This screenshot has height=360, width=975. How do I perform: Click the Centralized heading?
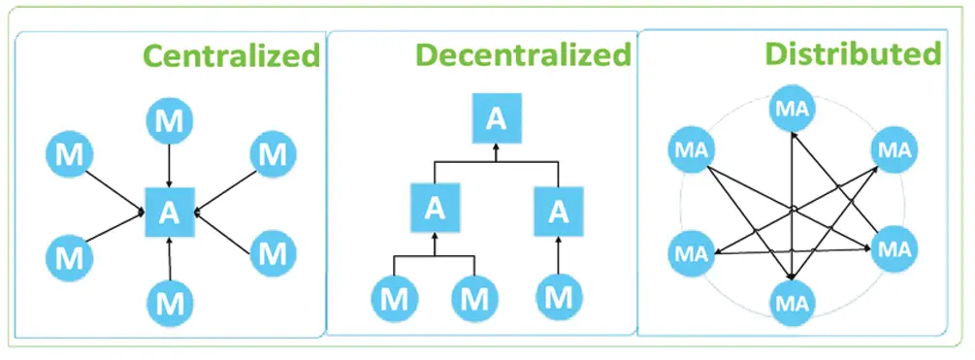[232, 56]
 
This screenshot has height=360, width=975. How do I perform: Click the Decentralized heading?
[523, 55]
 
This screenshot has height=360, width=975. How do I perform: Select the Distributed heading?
[852, 53]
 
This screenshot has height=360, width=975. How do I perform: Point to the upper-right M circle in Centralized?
[274, 154]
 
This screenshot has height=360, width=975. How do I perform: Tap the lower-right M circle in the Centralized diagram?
[274, 255]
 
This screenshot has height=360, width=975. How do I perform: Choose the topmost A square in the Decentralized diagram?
[496, 118]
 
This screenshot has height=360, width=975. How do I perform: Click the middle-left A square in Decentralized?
[435, 210]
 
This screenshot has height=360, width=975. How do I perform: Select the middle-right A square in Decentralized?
[558, 210]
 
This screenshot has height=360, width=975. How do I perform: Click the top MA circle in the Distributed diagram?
[794, 109]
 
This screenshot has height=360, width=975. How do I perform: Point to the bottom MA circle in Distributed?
[794, 301]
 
